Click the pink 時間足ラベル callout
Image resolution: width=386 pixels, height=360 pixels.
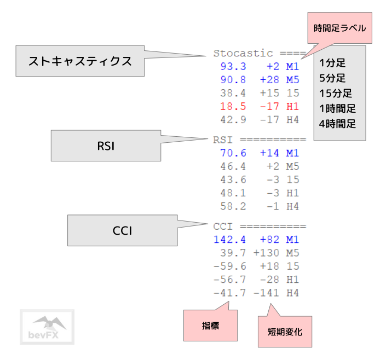click(x=339, y=28)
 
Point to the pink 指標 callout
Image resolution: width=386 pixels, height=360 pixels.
click(x=210, y=325)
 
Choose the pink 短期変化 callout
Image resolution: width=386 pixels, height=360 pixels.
click(x=284, y=332)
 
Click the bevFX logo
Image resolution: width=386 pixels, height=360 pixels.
click(x=47, y=327)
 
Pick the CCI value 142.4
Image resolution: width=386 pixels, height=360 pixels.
click(x=230, y=240)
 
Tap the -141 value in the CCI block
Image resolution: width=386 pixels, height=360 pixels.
click(x=266, y=293)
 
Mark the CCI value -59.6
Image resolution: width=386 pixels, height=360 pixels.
click(x=230, y=266)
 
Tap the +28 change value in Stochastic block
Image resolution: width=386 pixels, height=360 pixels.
click(x=269, y=80)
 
